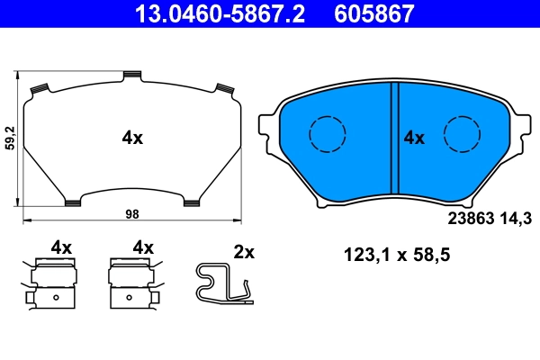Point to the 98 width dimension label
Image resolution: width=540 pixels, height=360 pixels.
(131, 213)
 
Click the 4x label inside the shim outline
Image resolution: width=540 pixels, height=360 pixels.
(132, 138)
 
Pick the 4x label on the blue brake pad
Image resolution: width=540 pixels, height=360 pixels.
(413, 138)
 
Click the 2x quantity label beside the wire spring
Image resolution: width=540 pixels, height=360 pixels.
(244, 252)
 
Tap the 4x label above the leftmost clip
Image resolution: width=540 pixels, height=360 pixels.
(61, 247)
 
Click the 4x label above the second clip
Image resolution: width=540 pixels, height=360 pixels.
(144, 247)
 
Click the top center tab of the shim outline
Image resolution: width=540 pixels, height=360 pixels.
(132, 74)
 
